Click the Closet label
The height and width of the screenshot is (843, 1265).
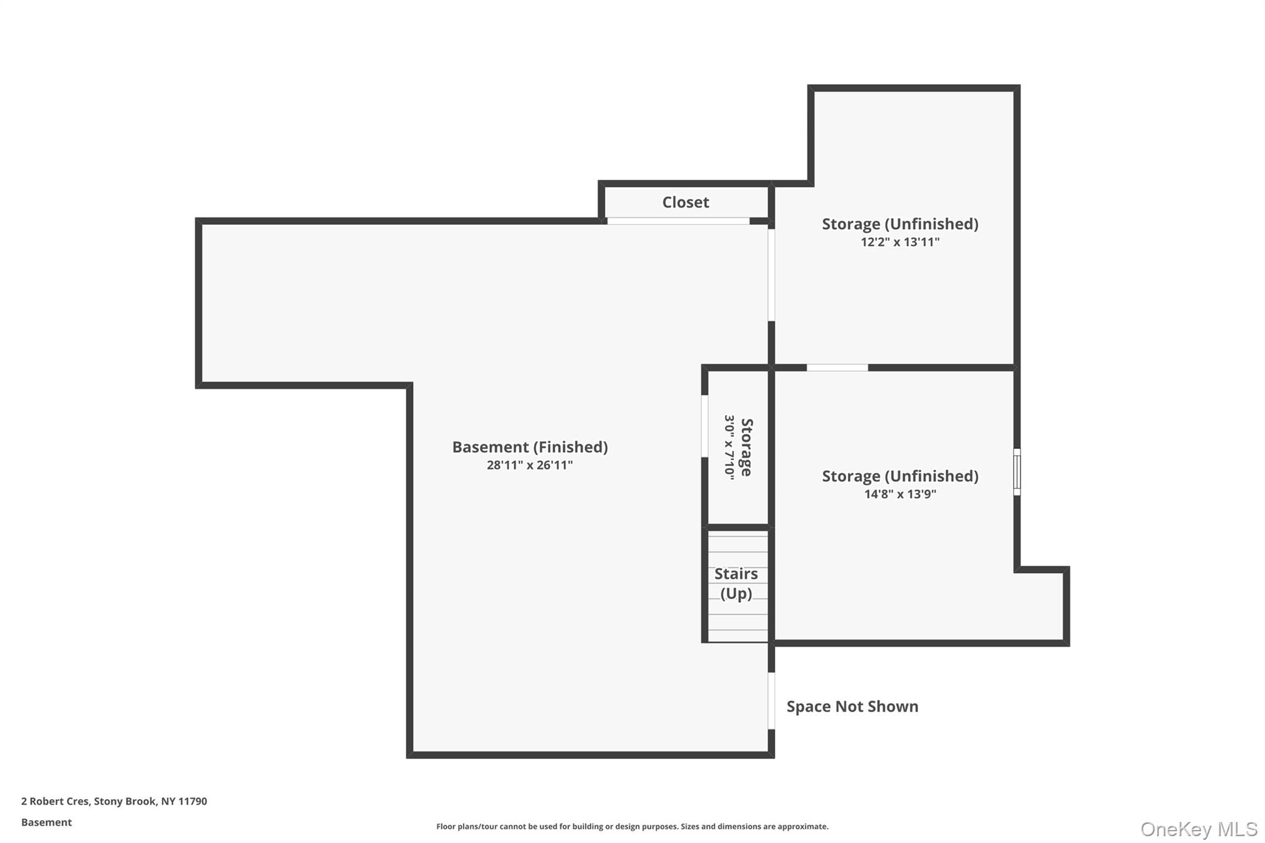[685, 203]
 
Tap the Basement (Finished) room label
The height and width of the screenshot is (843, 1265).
[529, 447]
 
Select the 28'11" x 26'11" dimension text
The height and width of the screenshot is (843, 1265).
[529, 465]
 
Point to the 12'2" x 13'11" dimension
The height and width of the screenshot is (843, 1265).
[899, 242]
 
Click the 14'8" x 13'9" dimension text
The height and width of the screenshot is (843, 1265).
[899, 494]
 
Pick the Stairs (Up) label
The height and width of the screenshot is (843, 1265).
[736, 584]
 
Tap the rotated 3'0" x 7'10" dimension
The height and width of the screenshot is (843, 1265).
[729, 447]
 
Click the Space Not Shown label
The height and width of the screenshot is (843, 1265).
[852, 707]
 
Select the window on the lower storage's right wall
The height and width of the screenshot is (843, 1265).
[1017, 472]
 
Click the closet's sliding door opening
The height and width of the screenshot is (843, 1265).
[678, 221]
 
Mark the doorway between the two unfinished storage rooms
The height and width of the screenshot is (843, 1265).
[837, 368]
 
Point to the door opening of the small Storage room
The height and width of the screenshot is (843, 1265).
[705, 426]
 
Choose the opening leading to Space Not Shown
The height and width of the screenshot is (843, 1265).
[771, 701]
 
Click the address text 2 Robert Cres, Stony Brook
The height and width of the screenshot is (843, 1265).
[114, 802]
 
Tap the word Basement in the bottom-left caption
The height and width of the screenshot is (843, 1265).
[46, 823]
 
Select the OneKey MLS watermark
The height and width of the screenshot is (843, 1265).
[1198, 829]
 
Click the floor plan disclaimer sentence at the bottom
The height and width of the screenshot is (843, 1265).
[632, 826]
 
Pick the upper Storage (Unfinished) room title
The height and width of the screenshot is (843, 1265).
[899, 224]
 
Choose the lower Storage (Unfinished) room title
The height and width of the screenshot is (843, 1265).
[899, 476]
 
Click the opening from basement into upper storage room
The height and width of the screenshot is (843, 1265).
[771, 275]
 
